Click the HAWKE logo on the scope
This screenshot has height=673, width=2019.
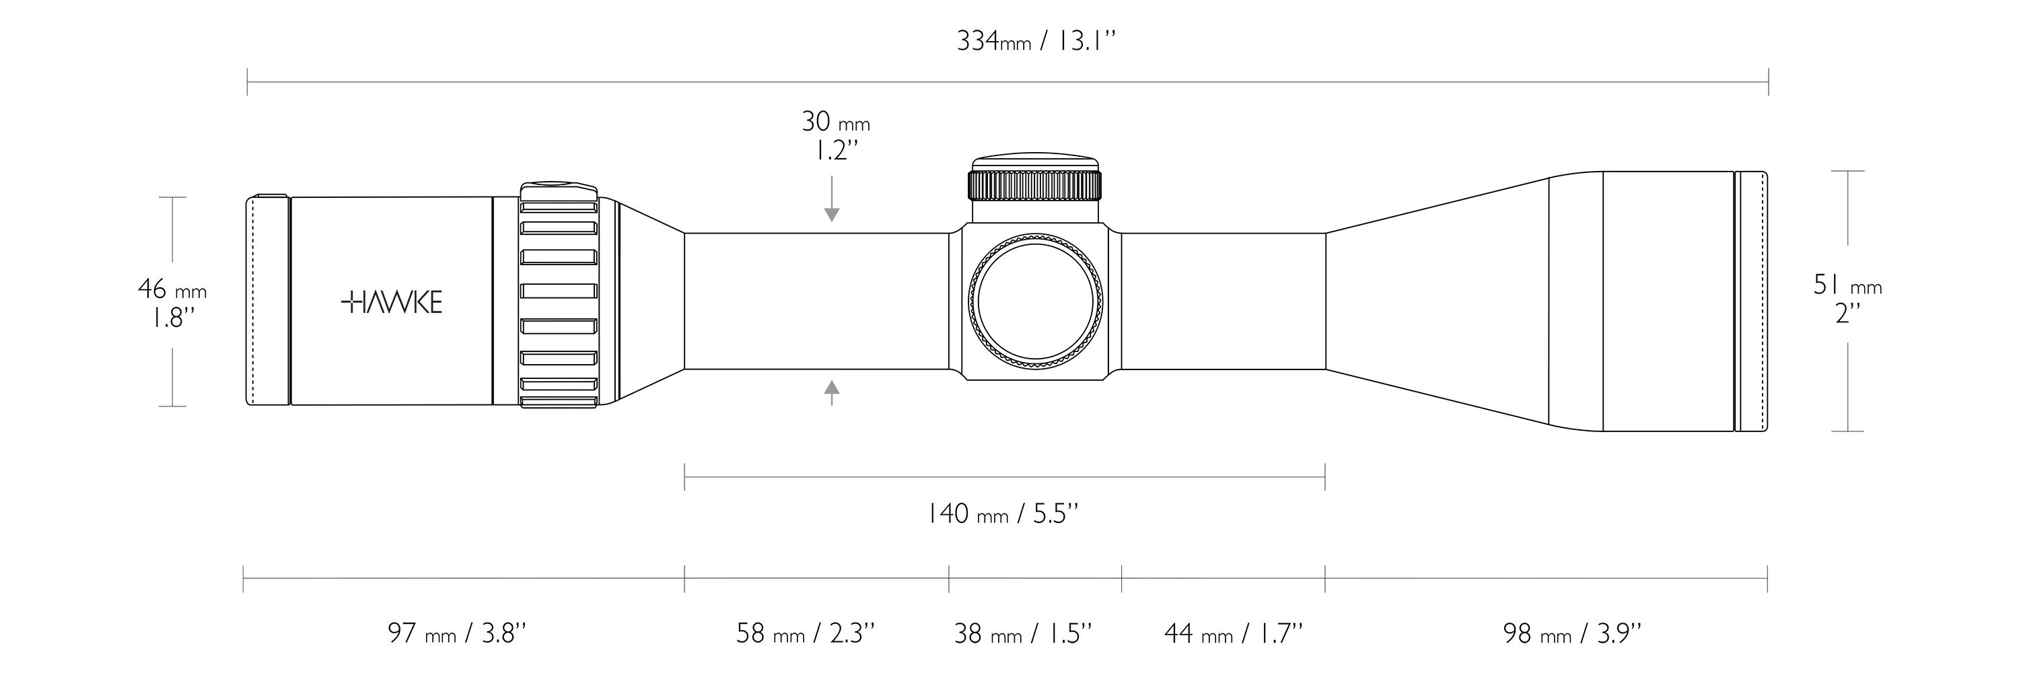(x=392, y=302)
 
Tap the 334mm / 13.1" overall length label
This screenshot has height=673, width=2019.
(x=1034, y=41)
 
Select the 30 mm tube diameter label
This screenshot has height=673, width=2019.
(x=835, y=121)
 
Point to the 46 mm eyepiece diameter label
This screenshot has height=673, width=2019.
(x=172, y=290)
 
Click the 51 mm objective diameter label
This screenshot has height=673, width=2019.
(x=1847, y=285)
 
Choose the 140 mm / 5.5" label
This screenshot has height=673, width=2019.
(x=1003, y=514)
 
